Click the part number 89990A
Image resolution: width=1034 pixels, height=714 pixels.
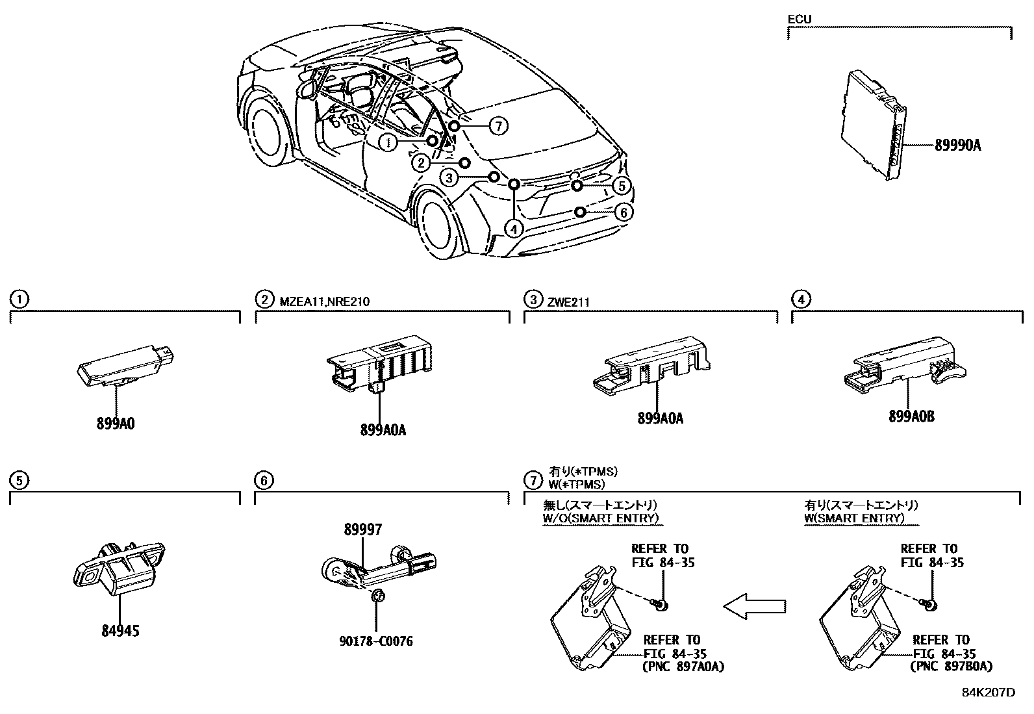pyautogui.click(x=957, y=146)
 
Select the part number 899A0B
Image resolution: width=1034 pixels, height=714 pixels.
pyautogui.click(x=911, y=417)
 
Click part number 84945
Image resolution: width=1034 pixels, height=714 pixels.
pyautogui.click(x=120, y=630)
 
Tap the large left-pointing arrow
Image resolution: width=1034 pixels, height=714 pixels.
pyautogui.click(x=755, y=607)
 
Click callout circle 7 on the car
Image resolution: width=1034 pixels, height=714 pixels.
pyautogui.click(x=498, y=126)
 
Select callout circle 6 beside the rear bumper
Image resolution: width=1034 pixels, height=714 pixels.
pyautogui.click(x=623, y=212)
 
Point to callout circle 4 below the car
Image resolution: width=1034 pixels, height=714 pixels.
pyautogui.click(x=514, y=229)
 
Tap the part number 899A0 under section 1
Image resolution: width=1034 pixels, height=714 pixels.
pyautogui.click(x=116, y=424)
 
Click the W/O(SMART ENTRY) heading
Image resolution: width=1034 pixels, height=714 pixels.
pyautogui.click(x=600, y=518)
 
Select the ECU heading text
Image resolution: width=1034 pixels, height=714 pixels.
pyautogui.click(x=799, y=19)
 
